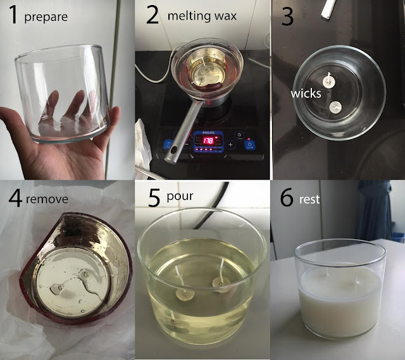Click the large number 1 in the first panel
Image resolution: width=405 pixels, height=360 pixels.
tap(13, 15)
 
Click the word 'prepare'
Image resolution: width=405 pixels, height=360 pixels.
tap(46, 17)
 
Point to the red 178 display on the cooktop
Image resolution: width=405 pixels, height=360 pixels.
tap(208, 140)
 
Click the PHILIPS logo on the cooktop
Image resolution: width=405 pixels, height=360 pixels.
tap(208, 133)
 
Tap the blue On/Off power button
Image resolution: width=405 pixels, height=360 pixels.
tap(249, 145)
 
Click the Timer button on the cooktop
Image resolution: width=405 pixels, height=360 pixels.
tap(239, 135)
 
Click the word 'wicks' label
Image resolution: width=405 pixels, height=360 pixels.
tap(306, 93)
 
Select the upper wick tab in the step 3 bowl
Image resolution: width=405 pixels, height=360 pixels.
tap(329, 82)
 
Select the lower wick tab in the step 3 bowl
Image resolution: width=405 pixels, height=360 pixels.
tap(335, 107)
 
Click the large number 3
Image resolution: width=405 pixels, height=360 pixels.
tap(287, 16)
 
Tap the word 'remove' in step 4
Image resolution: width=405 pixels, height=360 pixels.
tap(47, 199)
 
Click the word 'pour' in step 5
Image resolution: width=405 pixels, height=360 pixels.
tap(180, 197)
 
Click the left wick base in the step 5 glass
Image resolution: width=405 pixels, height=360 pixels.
tap(185, 294)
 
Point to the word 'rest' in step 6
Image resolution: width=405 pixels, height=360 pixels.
tap(309, 199)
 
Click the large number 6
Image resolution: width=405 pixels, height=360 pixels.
tap(287, 197)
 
